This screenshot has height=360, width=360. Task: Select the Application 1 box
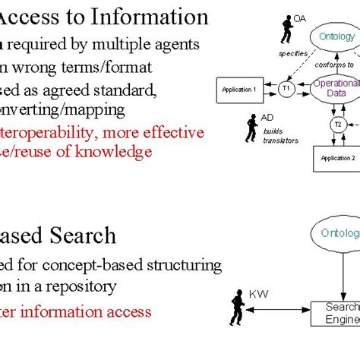click(x=238, y=90)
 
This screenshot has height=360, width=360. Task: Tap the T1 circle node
click(x=286, y=89)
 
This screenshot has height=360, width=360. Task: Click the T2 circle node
click(x=338, y=124)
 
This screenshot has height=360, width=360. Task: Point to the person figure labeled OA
click(x=287, y=30)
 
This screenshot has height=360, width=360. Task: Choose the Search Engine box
click(x=337, y=313)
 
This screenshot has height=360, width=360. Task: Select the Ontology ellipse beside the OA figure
click(x=337, y=36)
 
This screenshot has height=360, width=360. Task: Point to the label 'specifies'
click(x=293, y=54)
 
